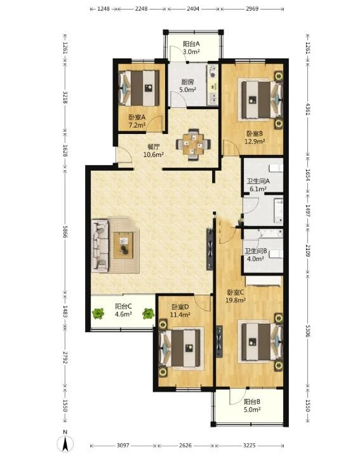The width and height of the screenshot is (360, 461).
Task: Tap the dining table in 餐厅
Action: tap(193, 144)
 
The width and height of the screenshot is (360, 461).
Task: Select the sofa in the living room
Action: tap(100, 245)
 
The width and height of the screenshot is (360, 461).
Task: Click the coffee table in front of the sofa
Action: tap(124, 246)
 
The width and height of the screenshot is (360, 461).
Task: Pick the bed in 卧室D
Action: tap(180, 348)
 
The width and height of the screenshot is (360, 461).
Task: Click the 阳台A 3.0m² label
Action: tap(191, 48)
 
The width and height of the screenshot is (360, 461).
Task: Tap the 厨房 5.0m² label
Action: tap(187, 86)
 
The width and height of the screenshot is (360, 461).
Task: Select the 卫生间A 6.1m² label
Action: tap(258, 185)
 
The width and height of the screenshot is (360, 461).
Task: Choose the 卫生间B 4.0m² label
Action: tap(256, 255)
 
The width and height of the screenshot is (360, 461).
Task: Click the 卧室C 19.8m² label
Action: tap(236, 297)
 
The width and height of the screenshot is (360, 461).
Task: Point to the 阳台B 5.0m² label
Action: tap(252, 406)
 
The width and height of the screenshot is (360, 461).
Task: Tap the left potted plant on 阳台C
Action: tap(98, 314)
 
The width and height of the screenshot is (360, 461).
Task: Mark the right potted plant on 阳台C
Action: tap(149, 314)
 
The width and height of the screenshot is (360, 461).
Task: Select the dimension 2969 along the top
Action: tap(252, 9)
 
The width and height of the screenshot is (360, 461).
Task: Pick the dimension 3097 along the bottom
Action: tap(123, 445)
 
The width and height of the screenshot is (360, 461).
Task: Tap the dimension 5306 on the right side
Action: tap(308, 331)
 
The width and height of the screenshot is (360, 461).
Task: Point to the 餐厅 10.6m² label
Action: tap(154, 150)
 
